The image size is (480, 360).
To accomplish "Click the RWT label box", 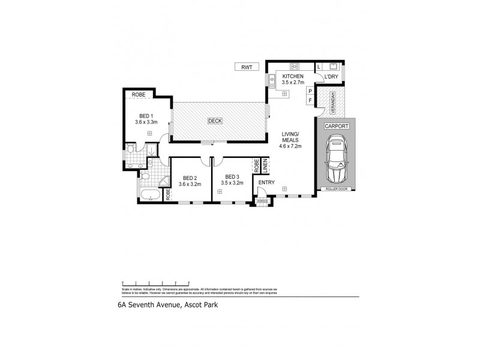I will pos(246,68).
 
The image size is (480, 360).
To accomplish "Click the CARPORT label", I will pos(337,127).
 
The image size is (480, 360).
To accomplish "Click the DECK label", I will pos(215,121).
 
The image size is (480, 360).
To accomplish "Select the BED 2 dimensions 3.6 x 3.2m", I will pos(190,185).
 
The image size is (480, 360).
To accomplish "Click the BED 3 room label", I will pos(232,177).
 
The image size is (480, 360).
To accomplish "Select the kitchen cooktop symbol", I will pos(295,66).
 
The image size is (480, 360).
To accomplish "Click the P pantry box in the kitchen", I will pos(310,91).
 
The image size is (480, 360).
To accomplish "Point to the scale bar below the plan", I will pos(155,281).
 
